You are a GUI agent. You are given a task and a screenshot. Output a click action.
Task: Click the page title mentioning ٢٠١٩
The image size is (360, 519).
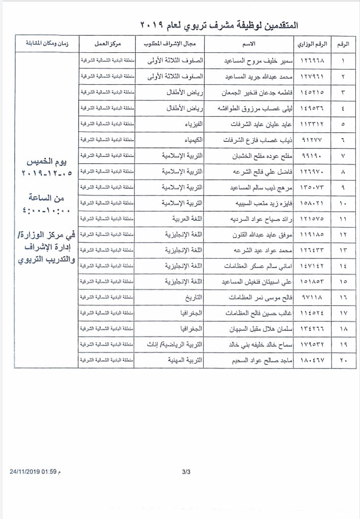pyautogui.click(x=218, y=24)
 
